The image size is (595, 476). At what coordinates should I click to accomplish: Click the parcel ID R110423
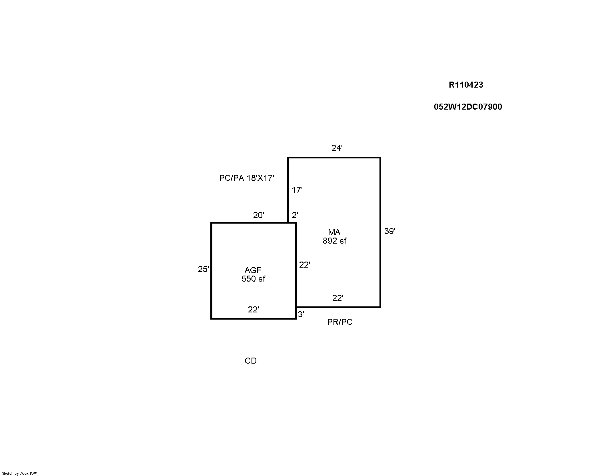466,85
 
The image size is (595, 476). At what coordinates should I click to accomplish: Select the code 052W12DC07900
468,107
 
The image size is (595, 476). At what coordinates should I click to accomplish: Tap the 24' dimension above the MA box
337,148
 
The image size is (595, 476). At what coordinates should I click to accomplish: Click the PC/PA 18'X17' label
247,178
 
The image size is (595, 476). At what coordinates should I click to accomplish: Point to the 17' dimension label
297,190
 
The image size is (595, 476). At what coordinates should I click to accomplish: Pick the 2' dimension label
295,215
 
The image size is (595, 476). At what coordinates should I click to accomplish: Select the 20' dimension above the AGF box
259,215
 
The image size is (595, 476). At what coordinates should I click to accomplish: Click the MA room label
334,232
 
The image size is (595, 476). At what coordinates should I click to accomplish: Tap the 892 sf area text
335,241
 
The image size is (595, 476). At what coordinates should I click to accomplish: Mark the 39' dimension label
390,231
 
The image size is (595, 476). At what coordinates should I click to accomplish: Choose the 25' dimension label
204,269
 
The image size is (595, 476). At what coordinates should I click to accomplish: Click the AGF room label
253,270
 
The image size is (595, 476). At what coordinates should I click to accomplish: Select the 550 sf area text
253,279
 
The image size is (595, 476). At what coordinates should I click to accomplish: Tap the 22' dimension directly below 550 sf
253,310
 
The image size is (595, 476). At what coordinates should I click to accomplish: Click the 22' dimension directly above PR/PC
338,298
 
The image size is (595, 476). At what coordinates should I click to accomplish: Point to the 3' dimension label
301,314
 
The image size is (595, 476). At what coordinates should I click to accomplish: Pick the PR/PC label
340,322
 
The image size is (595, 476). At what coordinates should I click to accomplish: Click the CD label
251,361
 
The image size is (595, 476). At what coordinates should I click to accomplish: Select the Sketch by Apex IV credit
20,474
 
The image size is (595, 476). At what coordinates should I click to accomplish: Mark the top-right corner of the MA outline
380,158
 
